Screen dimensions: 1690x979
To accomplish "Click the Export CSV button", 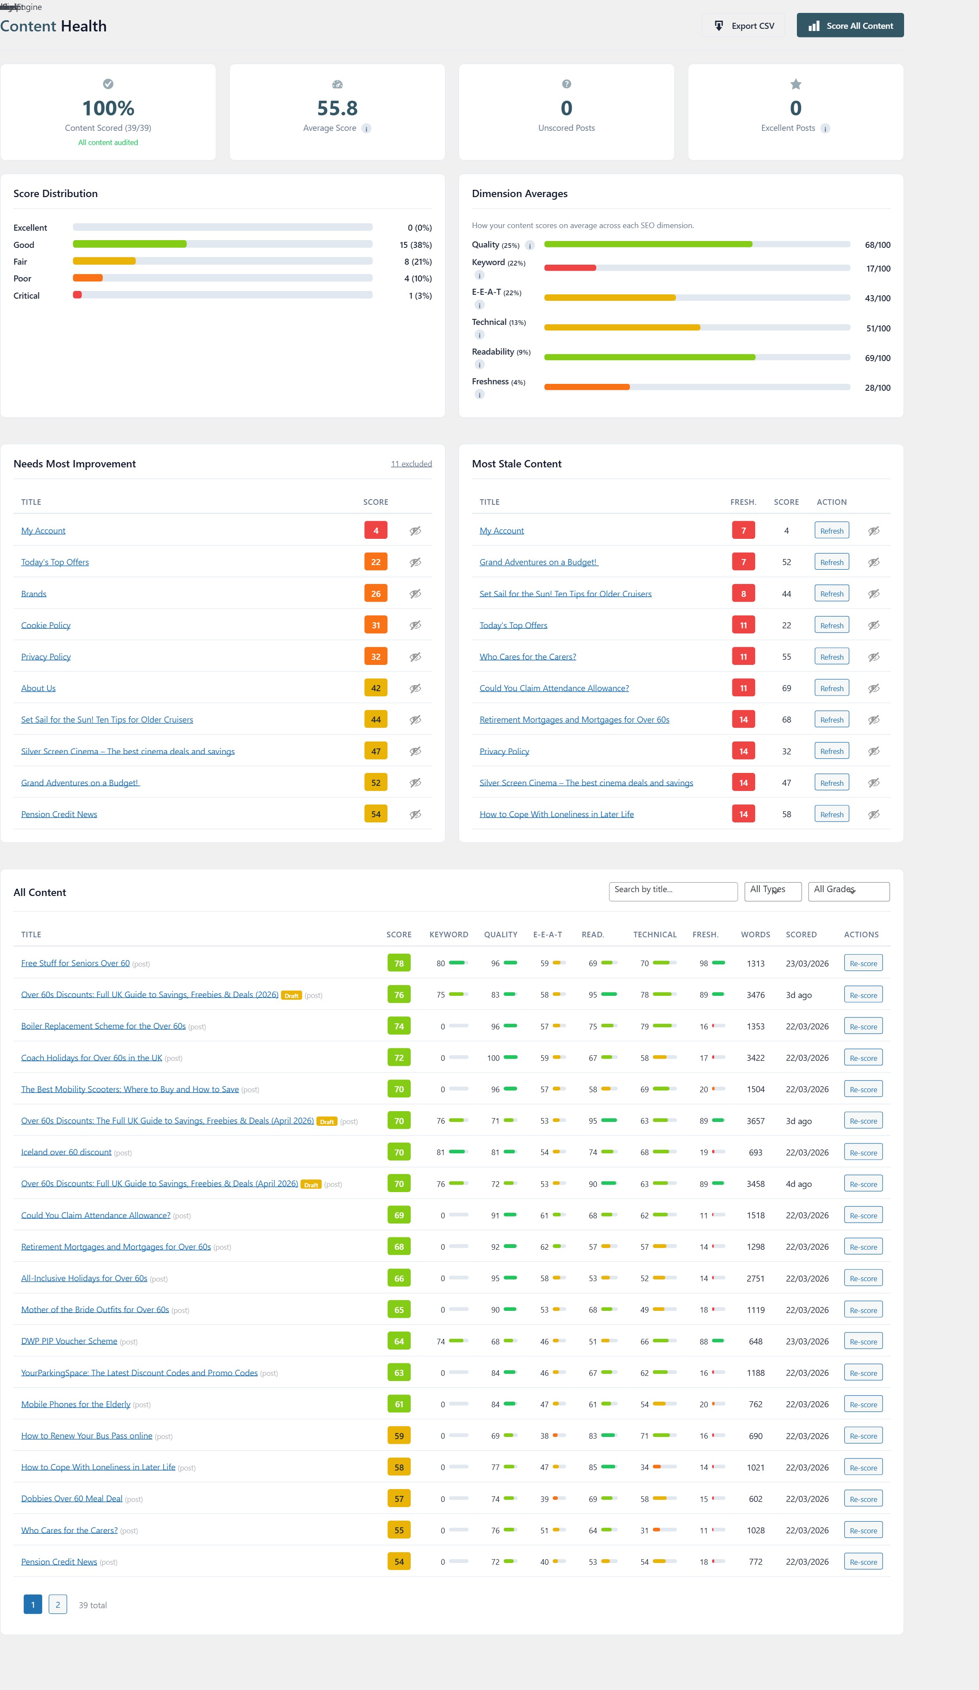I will (x=744, y=25).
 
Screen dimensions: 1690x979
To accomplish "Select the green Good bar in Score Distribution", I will (x=130, y=244).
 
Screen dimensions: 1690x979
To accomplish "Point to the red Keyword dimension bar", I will (x=570, y=268).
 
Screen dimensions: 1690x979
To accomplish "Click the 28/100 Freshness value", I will (x=877, y=388).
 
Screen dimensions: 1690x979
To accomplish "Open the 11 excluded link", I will (x=411, y=463).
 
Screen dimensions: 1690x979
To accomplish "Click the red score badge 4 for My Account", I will (x=376, y=531).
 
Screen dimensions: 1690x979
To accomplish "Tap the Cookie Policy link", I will (x=46, y=625).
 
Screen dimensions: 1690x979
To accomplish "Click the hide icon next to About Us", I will (x=415, y=688).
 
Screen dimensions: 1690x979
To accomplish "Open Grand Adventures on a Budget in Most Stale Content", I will (x=538, y=562).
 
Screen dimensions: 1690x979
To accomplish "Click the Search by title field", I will (x=672, y=890).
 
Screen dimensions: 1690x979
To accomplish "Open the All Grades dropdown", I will (x=848, y=890).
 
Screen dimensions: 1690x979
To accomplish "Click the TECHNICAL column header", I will (x=654, y=934).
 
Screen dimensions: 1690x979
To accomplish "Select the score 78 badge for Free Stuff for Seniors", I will (x=399, y=963).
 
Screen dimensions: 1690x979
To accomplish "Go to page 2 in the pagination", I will (x=58, y=1604).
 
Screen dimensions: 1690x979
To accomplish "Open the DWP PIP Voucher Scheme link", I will (x=69, y=1341).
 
